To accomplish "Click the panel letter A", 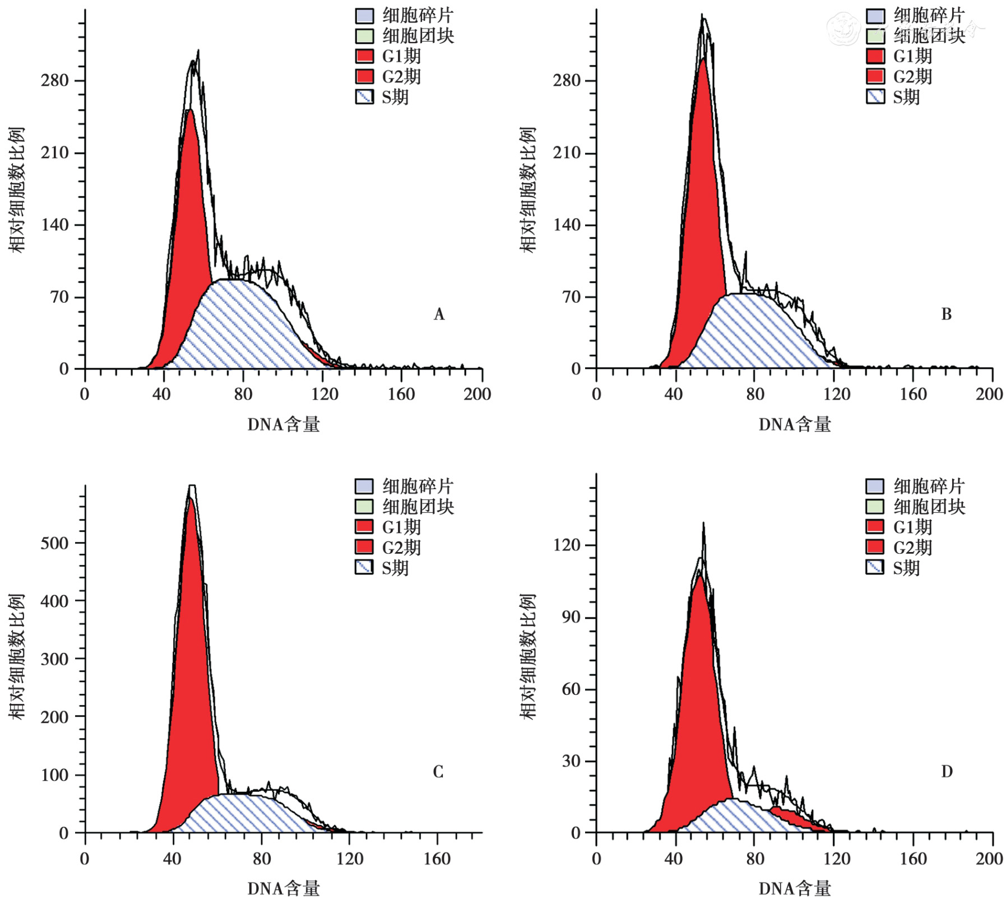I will click(439, 314).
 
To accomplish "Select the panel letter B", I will click(946, 314).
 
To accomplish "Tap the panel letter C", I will click(438, 772).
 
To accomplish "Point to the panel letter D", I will click(946, 772).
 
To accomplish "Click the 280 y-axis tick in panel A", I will click(54, 81).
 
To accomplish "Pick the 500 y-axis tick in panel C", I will click(54, 542).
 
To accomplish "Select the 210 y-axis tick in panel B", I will click(567, 152).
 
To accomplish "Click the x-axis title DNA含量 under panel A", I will click(284, 424).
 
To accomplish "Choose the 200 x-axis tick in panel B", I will click(989, 394).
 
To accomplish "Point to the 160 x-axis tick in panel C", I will click(436, 859).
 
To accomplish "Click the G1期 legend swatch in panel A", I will click(364, 56).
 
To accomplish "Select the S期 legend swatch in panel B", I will click(875, 97).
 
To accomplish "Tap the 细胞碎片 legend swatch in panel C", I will click(364, 486).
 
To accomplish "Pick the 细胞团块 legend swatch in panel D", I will click(875, 507).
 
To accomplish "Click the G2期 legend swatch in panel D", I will click(875, 547).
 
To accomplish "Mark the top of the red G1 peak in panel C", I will click(190, 498).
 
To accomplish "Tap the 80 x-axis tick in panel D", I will click(754, 859).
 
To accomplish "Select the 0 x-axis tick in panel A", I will click(85, 394).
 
